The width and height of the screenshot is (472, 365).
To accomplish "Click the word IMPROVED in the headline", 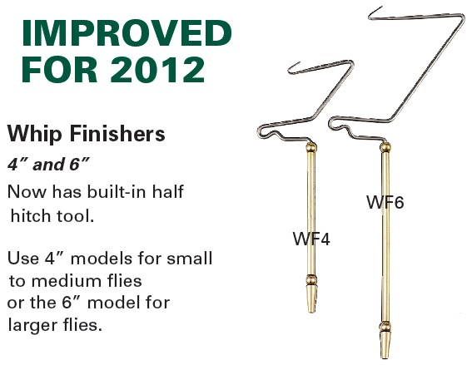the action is coord(127,32).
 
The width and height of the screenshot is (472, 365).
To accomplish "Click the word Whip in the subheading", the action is coord(35,134).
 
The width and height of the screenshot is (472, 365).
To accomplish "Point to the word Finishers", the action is coord(117,134).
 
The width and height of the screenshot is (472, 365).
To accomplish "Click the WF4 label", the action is coord(311,239).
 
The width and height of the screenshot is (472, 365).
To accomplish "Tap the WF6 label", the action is coord(385,202).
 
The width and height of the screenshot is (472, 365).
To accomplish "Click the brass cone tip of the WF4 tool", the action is coord(311,298).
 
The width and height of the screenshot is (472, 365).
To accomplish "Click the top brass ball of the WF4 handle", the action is coord(311,148).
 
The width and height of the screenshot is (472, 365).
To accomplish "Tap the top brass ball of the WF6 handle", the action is coord(385,147).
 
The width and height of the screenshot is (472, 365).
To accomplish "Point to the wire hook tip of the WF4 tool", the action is coord(299,63).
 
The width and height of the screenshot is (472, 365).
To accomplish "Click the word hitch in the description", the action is coord(31,216).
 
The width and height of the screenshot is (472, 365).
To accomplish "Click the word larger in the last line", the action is coord(31,325).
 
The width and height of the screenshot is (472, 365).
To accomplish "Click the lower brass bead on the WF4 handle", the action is coord(311,279).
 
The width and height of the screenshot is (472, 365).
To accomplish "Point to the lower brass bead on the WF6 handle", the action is coord(385,327).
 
